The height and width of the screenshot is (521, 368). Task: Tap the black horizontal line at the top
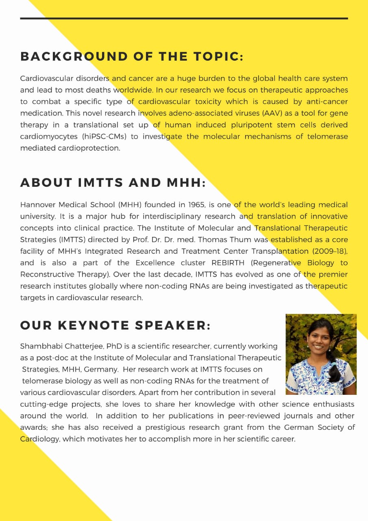184,18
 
